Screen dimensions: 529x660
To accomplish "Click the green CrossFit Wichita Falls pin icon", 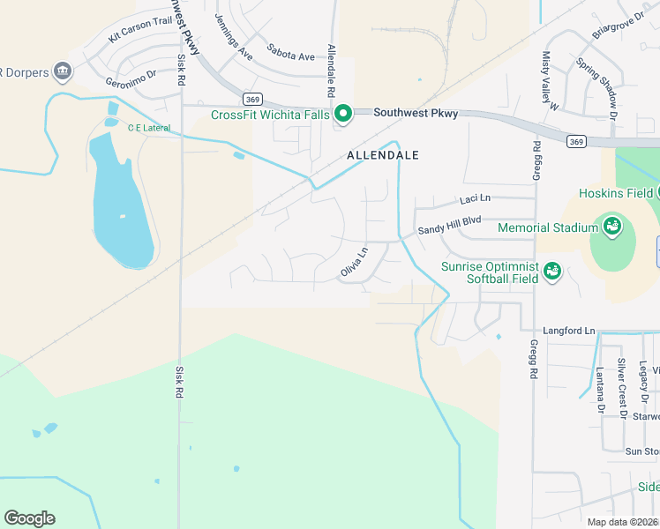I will [343, 113].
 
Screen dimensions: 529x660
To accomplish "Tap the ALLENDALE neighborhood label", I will [382, 155].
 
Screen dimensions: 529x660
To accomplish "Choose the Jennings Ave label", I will [234, 37].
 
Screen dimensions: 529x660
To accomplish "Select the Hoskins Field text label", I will [616, 193].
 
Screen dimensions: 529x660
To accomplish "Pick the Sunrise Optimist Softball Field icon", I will [552, 270].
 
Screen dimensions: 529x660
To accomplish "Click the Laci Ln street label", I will [475, 200].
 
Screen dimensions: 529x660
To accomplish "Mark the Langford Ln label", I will [564, 330].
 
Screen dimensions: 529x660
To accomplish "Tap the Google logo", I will [29, 518].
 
